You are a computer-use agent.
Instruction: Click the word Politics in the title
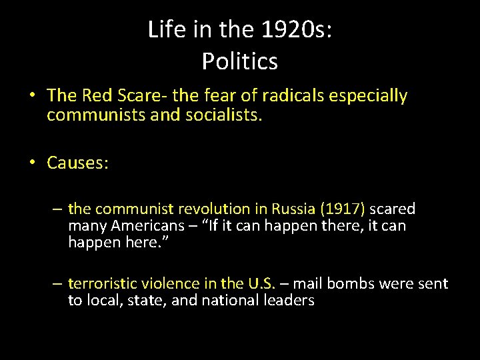[240, 61]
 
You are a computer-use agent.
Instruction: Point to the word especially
[371, 96]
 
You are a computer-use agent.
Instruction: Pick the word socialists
[227, 115]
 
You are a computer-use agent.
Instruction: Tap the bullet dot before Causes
[33, 163]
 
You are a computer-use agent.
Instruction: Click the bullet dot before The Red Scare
[33, 96]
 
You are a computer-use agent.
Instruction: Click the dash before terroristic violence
[58, 284]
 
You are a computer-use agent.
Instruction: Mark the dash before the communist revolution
[58, 209]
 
